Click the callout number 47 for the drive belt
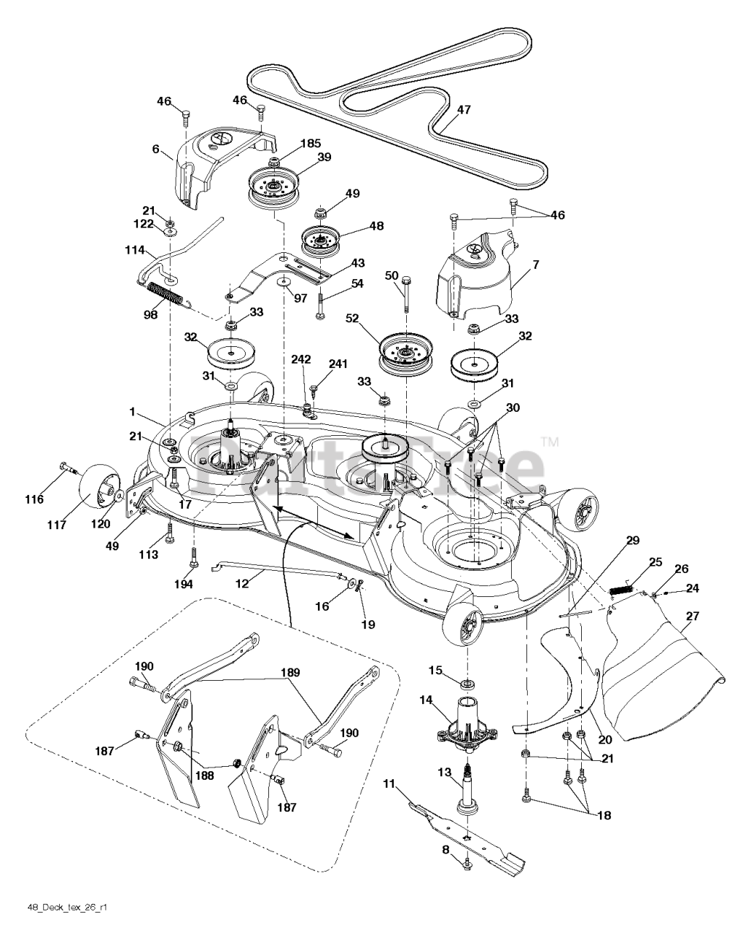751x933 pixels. pos(464,110)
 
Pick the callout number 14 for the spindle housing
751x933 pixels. pos(426,700)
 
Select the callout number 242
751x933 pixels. pos(301,359)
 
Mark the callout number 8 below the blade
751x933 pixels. pos(445,848)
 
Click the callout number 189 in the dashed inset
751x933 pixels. pos(291,673)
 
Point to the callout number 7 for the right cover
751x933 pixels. pos(535,265)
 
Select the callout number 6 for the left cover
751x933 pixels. pos(155,149)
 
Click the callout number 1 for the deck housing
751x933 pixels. pos(133,412)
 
